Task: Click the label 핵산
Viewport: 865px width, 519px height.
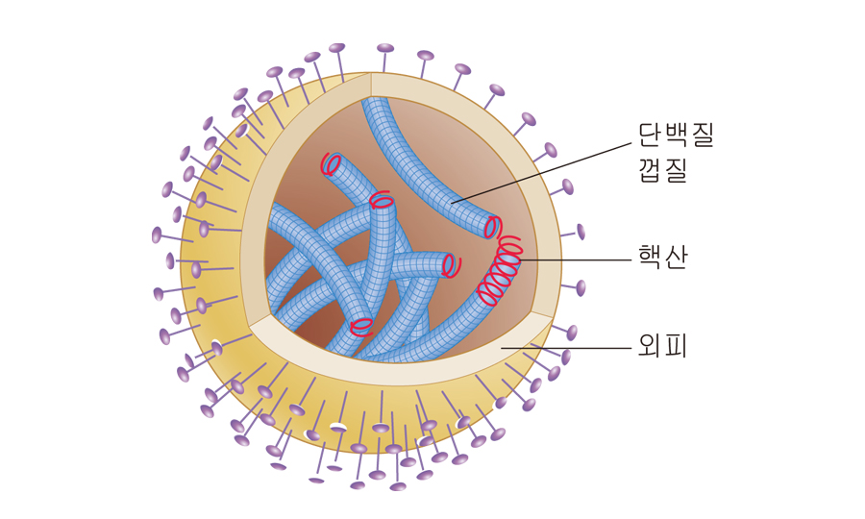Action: click(662, 258)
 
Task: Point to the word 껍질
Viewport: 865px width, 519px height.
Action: click(662, 170)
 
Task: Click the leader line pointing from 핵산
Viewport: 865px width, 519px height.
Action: click(577, 259)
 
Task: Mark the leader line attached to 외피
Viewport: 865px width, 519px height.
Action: click(567, 348)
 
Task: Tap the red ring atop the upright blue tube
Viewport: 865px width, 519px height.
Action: click(382, 202)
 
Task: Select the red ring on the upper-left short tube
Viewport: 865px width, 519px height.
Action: click(332, 164)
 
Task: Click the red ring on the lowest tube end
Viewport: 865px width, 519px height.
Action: click(361, 327)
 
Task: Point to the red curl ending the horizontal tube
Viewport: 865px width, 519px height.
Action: click(450, 264)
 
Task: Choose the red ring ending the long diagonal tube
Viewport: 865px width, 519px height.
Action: click(492, 228)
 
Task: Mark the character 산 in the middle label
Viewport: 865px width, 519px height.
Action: click(676, 258)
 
